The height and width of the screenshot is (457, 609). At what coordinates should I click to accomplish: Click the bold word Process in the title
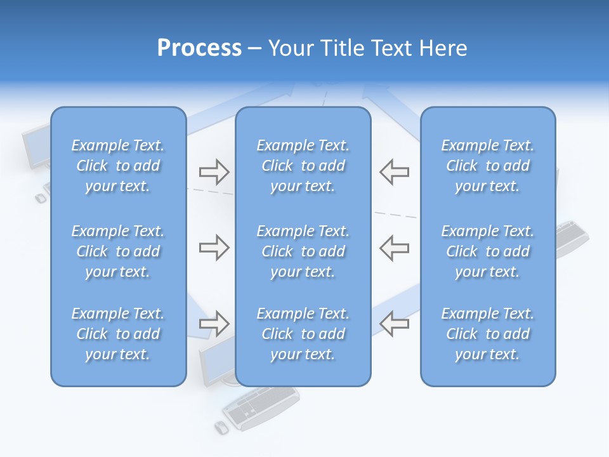[x=199, y=48]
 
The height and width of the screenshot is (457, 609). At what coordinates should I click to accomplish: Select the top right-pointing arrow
[x=214, y=171]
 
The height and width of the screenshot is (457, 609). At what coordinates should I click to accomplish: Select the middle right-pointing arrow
[x=214, y=248]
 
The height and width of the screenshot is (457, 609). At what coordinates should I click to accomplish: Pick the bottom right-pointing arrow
[x=214, y=323]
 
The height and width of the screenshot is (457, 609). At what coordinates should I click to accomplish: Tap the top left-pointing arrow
[x=394, y=171]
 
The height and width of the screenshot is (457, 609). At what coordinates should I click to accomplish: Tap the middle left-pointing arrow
[x=394, y=248]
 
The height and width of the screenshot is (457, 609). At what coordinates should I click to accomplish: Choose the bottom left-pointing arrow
[x=394, y=323]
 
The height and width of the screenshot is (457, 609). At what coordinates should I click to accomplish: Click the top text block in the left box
[x=118, y=166]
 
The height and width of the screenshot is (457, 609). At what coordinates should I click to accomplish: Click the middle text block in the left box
[x=118, y=251]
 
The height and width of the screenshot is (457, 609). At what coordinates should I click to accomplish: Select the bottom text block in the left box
[x=118, y=334]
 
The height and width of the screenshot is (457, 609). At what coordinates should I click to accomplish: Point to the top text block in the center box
[x=303, y=166]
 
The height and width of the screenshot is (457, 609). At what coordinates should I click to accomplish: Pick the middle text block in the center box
[x=303, y=251]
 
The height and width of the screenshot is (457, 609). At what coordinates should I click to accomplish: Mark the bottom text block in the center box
[x=303, y=334]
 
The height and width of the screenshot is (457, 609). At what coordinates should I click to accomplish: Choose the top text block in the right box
[x=488, y=166]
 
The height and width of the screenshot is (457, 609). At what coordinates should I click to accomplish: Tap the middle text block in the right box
[x=488, y=251]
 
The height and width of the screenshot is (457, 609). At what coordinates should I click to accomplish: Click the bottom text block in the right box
[x=488, y=334]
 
